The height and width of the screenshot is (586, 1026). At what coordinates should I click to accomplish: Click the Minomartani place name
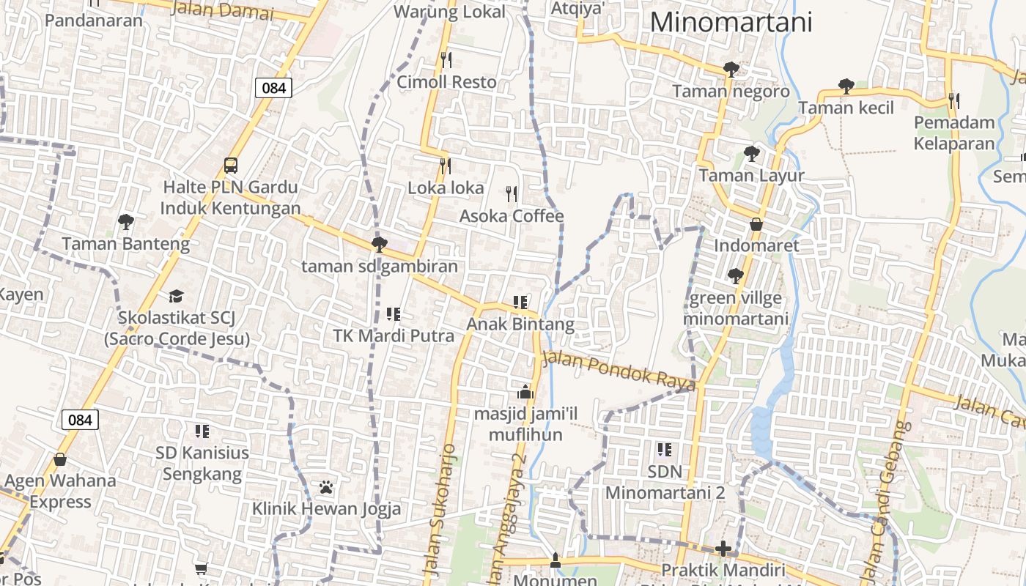pyautogui.click(x=731, y=22)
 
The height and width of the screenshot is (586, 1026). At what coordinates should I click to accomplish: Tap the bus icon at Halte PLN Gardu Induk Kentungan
pyautogui.click(x=231, y=165)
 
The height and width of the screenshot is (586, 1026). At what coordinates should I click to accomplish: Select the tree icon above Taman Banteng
pyautogui.click(x=126, y=220)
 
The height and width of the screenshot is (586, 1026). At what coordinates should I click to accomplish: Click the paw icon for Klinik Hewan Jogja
pyautogui.click(x=326, y=486)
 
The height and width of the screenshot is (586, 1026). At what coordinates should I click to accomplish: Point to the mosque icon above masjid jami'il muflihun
pyautogui.click(x=525, y=392)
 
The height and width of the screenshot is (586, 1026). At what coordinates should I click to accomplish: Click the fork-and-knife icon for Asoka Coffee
pyautogui.click(x=512, y=194)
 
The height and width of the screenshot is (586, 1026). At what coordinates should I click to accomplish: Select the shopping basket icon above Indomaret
pyautogui.click(x=756, y=223)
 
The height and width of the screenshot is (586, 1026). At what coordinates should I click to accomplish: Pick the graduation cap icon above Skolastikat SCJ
pyautogui.click(x=176, y=296)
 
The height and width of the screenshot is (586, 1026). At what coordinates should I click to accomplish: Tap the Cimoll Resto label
pyautogui.click(x=446, y=82)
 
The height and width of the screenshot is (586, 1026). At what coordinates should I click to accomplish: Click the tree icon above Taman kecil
pyautogui.click(x=846, y=86)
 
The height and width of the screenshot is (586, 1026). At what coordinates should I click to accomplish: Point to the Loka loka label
pyautogui.click(x=446, y=188)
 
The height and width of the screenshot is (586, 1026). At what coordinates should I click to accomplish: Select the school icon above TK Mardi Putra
pyautogui.click(x=394, y=314)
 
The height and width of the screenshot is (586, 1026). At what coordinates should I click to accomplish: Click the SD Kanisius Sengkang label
pyautogui.click(x=202, y=463)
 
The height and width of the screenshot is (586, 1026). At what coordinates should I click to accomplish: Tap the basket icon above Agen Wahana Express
pyautogui.click(x=60, y=459)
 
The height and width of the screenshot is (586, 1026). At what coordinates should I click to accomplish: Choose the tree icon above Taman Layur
pyautogui.click(x=751, y=154)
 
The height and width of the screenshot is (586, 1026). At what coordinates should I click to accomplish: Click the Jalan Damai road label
pyautogui.click(x=221, y=10)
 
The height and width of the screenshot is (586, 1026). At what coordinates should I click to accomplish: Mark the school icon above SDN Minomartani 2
pyautogui.click(x=665, y=449)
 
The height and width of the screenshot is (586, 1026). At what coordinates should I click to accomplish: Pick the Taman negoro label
pyautogui.click(x=731, y=92)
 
